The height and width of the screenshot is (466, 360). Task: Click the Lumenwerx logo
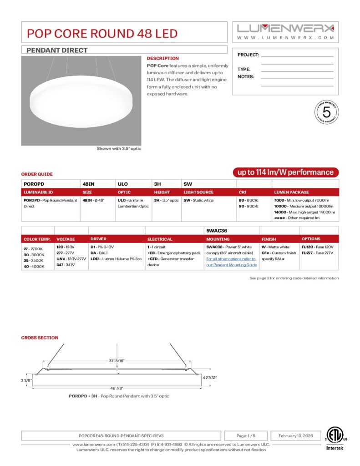point(285,28)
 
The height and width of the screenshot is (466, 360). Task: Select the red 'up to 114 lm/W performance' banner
point(286,172)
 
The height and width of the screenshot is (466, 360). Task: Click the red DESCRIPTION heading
point(162,58)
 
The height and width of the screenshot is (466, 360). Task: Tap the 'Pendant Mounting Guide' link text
point(231,264)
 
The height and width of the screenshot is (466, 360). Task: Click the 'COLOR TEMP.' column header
point(37,239)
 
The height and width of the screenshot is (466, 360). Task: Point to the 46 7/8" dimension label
point(116,388)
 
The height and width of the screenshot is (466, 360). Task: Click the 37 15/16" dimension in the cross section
point(117,360)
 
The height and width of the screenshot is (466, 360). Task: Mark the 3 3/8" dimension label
point(26,380)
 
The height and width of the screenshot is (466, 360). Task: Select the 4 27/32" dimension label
point(209,377)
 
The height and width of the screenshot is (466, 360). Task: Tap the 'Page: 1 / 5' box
point(246,436)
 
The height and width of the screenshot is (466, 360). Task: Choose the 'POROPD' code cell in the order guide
point(32,184)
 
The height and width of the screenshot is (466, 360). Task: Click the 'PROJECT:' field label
point(248,55)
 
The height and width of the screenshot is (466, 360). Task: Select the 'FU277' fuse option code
point(307,253)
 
